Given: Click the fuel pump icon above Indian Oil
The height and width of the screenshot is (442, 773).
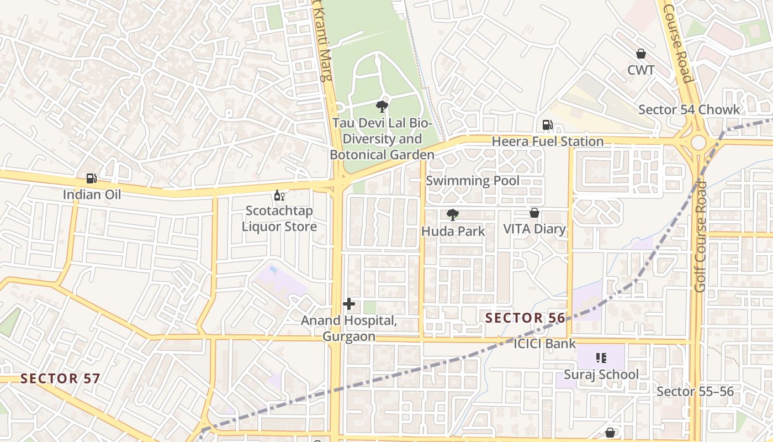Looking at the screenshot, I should [92, 178].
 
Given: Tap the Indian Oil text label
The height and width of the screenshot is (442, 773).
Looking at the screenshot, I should [92, 194].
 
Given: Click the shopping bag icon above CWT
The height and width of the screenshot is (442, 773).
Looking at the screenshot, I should [641, 54].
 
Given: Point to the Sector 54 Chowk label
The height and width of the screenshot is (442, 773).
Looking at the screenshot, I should [689, 109].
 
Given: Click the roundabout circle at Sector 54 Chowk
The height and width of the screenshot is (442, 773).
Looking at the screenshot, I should [698, 143].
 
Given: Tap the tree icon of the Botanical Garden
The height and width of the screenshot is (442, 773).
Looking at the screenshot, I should [382, 106].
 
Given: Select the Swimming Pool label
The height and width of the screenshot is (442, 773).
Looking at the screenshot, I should [472, 181].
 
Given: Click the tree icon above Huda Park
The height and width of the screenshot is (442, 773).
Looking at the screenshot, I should [453, 215].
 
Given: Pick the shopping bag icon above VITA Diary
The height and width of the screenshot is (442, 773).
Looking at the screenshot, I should [534, 213].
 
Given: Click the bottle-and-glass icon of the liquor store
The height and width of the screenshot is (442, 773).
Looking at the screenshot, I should [279, 196].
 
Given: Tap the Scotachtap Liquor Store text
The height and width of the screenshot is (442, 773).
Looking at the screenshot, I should [279, 219].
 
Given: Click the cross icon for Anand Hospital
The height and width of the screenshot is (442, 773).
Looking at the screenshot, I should [349, 304].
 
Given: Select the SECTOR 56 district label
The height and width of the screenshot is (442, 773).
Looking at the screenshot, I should [525, 318].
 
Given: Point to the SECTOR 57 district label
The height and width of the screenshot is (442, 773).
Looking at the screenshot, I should [60, 378].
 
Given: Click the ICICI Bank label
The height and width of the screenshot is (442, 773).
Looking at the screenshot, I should [544, 344].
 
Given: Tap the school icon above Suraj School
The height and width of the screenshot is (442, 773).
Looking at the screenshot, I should [602, 358].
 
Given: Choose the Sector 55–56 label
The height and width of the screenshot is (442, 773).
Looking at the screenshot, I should [695, 392].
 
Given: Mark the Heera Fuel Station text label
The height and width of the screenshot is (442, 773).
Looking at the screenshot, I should [548, 141].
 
